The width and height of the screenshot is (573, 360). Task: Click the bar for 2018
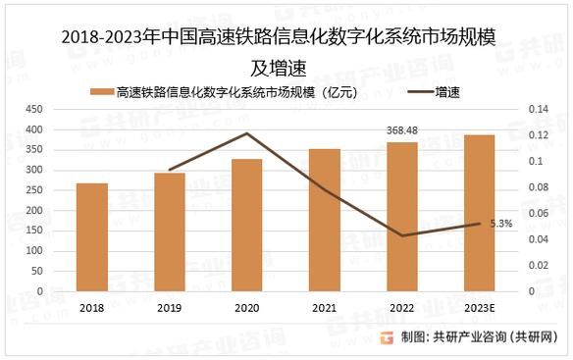coord(92,237)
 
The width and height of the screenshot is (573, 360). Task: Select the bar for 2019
coord(169,232)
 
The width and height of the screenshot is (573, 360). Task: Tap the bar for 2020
coord(246,226)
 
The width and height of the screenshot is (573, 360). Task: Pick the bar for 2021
coord(324,221)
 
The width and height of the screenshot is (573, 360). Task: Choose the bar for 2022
coord(401,217)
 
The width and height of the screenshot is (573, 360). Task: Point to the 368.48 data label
coord(401,130)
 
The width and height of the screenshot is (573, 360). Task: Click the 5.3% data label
coord(500,224)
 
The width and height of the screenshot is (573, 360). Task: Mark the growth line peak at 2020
coord(246,133)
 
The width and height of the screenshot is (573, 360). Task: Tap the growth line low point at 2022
coord(401,235)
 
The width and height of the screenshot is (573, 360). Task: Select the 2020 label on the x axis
coord(246,306)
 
